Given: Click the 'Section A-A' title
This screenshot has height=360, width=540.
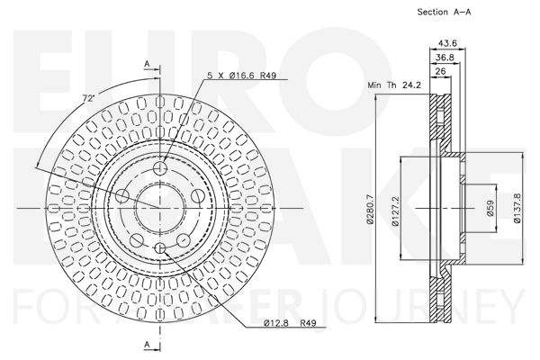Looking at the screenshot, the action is [444, 12].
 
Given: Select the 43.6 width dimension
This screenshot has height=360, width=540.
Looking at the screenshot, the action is [447, 43].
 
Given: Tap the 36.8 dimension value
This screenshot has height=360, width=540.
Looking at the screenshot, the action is [445, 58].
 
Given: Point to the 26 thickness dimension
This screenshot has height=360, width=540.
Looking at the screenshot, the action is [440, 71].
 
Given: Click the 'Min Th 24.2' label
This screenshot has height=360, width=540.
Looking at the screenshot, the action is [394, 85].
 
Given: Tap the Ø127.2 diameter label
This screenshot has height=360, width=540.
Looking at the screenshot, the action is [395, 211].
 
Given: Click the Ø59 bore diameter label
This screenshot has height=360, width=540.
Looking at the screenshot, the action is [490, 208].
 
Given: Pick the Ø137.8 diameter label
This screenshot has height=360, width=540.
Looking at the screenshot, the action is [517, 208].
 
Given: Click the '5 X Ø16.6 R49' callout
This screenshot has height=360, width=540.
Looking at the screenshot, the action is [242, 75].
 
